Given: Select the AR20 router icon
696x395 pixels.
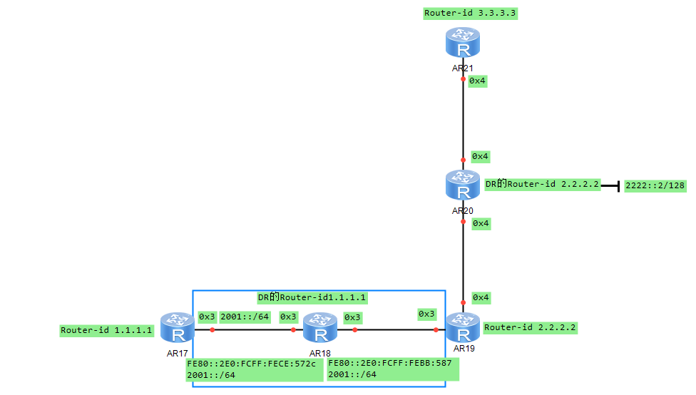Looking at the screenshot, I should coord(464,185).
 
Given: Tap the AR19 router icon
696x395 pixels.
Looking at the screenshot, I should coord(464,328).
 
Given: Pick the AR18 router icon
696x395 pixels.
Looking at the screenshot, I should coord(320,329).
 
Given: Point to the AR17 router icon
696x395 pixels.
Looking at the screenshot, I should coord(177,328).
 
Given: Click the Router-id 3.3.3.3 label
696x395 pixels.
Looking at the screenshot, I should coord(471,13).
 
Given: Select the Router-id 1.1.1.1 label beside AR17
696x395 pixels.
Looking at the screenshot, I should coord(106,330).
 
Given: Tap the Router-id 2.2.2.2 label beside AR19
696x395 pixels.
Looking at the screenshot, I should coord(530,328).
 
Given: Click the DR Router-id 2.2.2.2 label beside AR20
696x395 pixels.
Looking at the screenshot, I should coord(541,184).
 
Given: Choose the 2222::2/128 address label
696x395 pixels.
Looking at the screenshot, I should coord(655,185).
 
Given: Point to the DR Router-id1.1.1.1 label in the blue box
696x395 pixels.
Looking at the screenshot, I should coord(312,297).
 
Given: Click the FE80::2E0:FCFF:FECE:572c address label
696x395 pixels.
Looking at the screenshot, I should coord(251,364).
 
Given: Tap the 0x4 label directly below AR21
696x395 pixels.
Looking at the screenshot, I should coord(478,81).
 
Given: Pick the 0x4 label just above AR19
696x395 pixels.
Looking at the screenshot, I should coord(481,297).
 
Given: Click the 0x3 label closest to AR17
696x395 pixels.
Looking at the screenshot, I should coord(207,317).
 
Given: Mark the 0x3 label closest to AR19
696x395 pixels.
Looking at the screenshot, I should coord(426,314).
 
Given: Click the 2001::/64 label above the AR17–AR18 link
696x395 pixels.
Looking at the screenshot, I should coord(245,317).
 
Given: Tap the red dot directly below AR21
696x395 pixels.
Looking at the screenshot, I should coord(464,79).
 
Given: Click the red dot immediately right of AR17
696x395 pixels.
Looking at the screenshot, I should coord(212,329).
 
